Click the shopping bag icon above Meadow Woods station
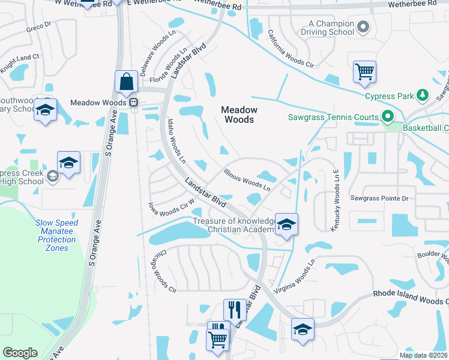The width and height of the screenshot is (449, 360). pos(127,82)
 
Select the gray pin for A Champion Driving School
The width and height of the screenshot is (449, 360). pos(362,26)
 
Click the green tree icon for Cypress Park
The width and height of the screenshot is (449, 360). pos(423,95)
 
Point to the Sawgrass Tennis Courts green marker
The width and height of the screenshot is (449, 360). pos(388,117)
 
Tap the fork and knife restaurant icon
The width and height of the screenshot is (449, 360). pos(235,310)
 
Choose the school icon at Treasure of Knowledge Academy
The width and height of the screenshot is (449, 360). pos(287,224)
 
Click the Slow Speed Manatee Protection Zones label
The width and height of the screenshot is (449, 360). pos(56,235)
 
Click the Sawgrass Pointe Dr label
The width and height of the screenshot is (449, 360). pos(379,198)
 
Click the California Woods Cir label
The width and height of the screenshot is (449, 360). pos(291,49)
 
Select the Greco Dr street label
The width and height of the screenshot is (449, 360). pos(38,28)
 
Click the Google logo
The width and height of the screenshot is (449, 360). pos(20,353)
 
